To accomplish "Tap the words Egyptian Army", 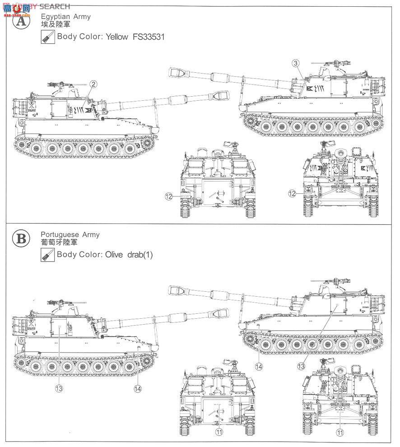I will point(66,17).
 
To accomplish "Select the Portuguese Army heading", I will point(70,235).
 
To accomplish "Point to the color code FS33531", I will point(148,37).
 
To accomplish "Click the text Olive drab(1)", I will point(129,255).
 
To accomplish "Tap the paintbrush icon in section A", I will point(47,37).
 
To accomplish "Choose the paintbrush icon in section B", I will point(47,255).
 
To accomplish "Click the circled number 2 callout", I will point(93,84).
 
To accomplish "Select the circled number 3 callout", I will point(295,63).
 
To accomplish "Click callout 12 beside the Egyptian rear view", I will point(169,196).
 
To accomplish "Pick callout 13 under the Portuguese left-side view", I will point(59,387).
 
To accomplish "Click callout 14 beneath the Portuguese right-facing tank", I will point(258,367).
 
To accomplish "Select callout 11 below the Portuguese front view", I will point(339,431).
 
